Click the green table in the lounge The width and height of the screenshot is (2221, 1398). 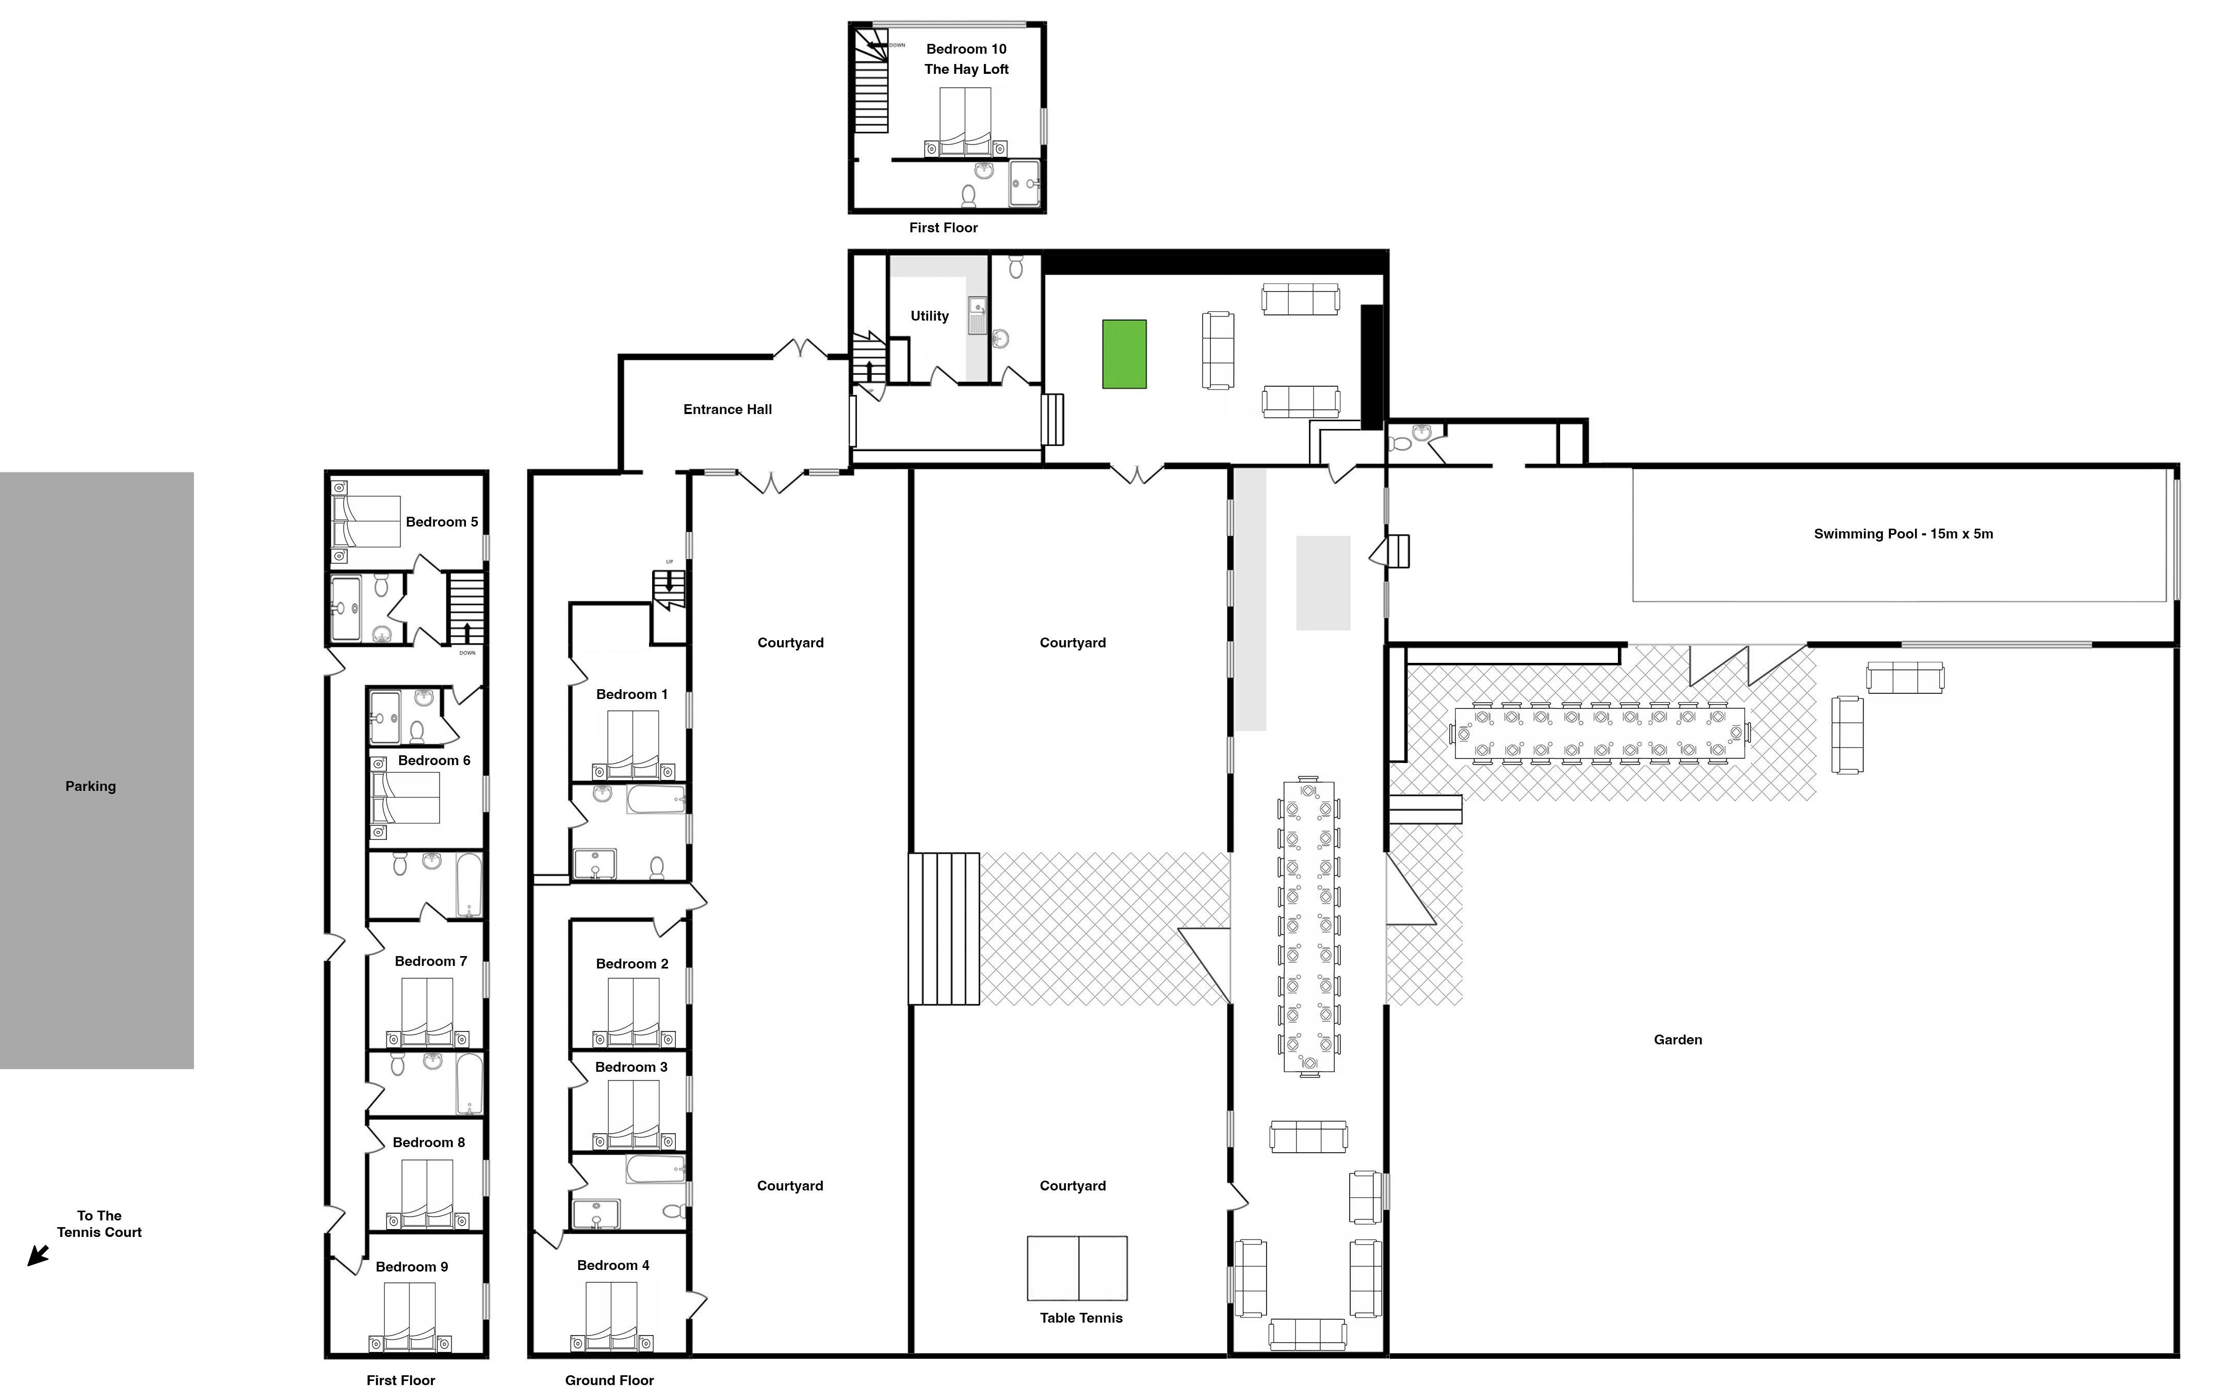(x=1124, y=354)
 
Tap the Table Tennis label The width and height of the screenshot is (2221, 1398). (x=1081, y=1317)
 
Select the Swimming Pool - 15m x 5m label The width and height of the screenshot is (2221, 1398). (x=1903, y=533)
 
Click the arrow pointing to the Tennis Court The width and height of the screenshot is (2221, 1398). (x=38, y=1255)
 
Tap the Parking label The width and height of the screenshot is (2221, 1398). (x=90, y=786)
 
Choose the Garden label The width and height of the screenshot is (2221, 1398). (x=1678, y=1040)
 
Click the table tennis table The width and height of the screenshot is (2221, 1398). (x=1077, y=1268)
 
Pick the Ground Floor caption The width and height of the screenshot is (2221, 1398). (x=610, y=1380)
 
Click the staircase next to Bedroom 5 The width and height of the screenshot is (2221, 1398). (x=467, y=608)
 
